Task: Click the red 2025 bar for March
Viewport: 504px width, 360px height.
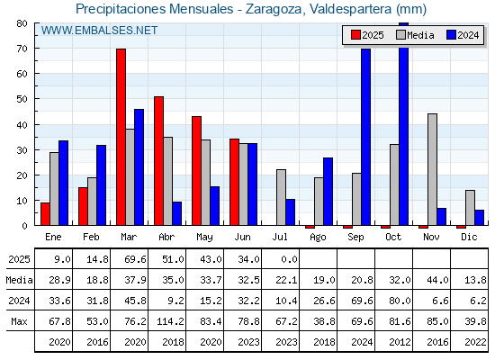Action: coord(121,137)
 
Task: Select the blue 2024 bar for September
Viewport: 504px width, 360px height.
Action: coord(365,137)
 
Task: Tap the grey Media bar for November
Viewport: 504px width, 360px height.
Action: coord(432,169)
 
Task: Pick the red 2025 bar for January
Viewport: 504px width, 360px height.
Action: coord(45,214)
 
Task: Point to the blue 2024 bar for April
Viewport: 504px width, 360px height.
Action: coord(176,213)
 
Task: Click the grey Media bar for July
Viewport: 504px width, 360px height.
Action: coord(281,197)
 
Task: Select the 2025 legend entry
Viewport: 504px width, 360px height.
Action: coord(368,35)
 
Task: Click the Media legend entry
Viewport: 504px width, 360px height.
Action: coord(415,35)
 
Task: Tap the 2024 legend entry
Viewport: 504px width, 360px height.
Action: coord(463,35)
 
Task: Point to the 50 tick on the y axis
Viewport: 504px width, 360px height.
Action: coord(22,99)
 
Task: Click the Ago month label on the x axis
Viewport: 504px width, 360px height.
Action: coord(318,238)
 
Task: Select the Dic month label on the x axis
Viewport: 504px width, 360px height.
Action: coord(469,237)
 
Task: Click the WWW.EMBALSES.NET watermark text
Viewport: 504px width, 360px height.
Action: coord(99,31)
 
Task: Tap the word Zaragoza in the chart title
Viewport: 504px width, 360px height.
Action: coord(274,9)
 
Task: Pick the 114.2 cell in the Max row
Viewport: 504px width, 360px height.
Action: coord(170,321)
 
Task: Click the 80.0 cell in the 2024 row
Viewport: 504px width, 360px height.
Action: coord(400,301)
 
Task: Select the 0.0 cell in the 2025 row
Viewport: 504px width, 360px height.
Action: coord(289,259)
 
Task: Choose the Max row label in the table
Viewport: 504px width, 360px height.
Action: coord(19,321)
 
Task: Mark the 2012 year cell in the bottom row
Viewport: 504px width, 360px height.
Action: coord(400,342)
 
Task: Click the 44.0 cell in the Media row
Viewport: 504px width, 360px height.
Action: coord(437,280)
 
